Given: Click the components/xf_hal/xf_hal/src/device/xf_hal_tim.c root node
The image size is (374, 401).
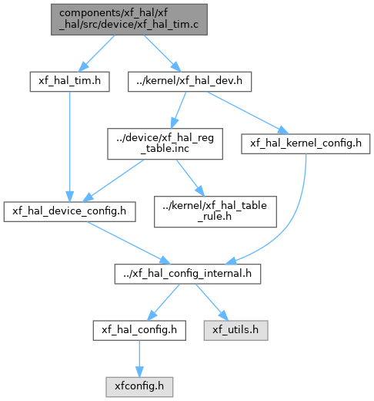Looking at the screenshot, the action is tap(129, 19).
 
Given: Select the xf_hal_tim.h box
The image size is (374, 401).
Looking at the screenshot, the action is tap(70, 82).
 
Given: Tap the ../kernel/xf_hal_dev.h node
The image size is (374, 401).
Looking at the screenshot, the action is tap(189, 82).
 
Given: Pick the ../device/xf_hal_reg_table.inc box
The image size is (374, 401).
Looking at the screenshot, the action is tap(165, 143).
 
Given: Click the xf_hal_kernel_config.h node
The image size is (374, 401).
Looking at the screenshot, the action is tap(306, 143).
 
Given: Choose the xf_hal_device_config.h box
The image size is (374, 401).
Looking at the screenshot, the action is tap(69, 211).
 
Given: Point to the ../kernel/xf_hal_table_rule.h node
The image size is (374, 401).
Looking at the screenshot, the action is tap(215, 211).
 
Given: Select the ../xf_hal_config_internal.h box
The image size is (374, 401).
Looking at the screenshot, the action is tap(188, 274).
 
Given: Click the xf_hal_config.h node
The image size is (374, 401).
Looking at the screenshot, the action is tap(139, 330).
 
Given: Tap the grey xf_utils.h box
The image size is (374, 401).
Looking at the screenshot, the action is tap(236, 330).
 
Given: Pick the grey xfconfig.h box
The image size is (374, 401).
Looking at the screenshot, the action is tap(139, 387).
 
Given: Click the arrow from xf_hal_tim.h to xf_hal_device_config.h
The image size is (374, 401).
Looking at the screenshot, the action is tap(69, 147).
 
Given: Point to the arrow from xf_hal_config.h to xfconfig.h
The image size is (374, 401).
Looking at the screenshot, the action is tap(139, 359).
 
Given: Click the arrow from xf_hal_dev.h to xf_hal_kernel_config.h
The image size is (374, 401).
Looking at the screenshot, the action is tap(248, 113).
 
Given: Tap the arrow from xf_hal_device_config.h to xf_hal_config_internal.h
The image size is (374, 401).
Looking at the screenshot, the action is tap(129, 243).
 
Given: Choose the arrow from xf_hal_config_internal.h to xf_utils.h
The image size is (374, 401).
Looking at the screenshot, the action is tap(212, 302).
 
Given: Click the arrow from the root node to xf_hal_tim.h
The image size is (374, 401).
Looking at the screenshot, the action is tap(96, 53).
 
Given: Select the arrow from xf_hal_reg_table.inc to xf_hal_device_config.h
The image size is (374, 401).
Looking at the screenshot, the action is tap(113, 180).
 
